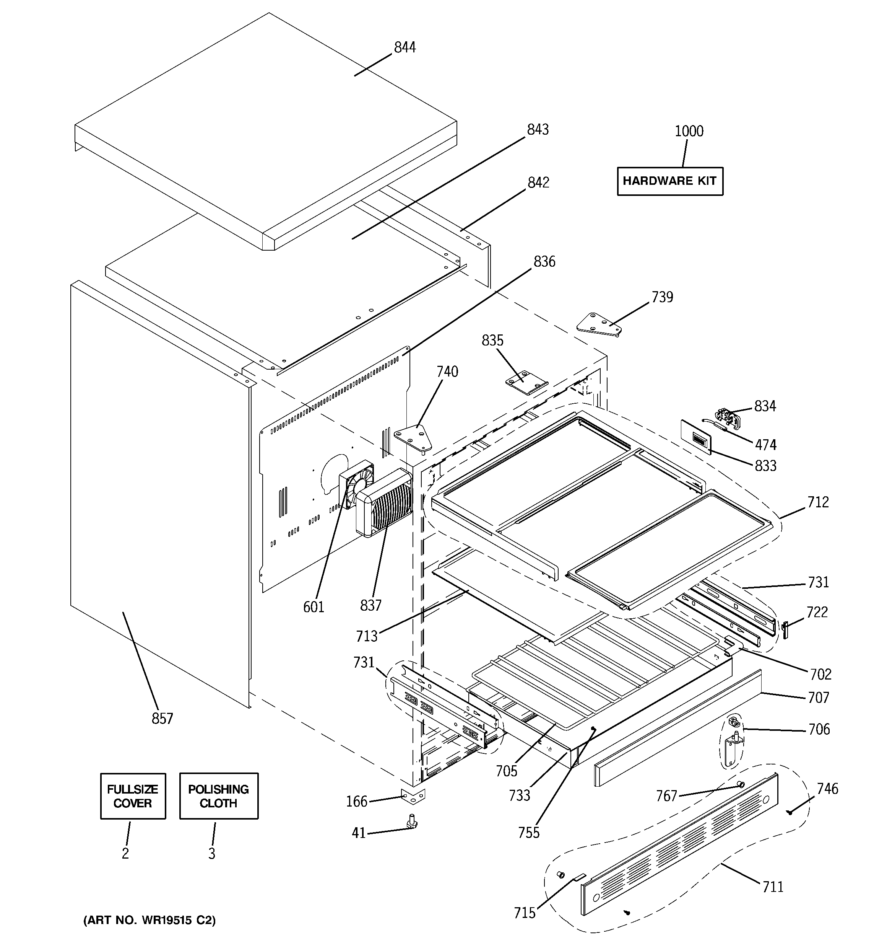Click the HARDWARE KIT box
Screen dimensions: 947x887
[669, 181]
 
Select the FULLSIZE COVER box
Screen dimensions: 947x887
[133, 796]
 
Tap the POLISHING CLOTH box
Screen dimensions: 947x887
[219, 796]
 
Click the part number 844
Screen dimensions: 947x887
[405, 47]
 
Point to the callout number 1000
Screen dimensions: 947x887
[689, 131]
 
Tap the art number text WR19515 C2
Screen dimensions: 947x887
[149, 920]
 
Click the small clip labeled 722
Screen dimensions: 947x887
[786, 630]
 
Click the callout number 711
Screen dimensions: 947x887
[772, 887]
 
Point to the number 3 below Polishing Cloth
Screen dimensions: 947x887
[211, 853]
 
